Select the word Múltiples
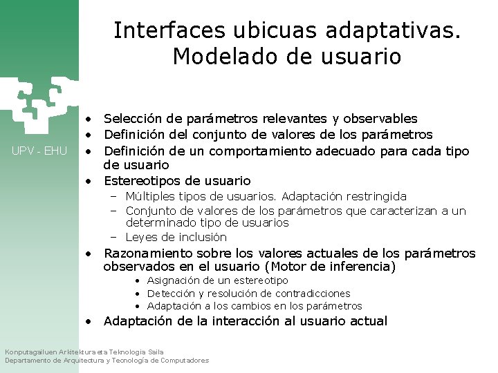tap(150, 197)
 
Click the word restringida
tap(374, 197)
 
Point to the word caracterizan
tap(404, 211)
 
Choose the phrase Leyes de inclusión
tap(176, 237)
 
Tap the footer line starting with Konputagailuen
tap(84, 352)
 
